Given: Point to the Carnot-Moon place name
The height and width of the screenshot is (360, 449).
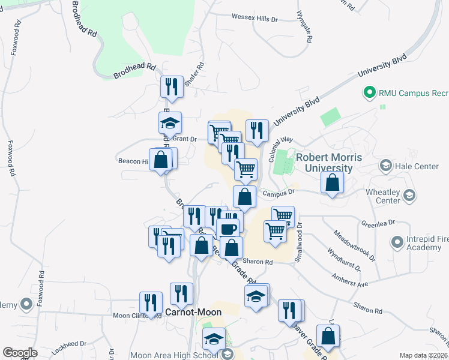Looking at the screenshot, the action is (x=193, y=312).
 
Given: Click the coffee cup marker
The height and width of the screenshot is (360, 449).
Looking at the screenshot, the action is (x=228, y=229).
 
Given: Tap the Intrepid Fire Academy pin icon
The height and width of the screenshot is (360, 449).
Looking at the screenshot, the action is (x=397, y=242).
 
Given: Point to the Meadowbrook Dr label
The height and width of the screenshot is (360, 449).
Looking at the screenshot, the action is (x=354, y=247).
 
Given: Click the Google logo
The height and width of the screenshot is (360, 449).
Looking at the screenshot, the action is (x=20, y=353).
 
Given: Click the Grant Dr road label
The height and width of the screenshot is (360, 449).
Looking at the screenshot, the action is (x=185, y=139).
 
